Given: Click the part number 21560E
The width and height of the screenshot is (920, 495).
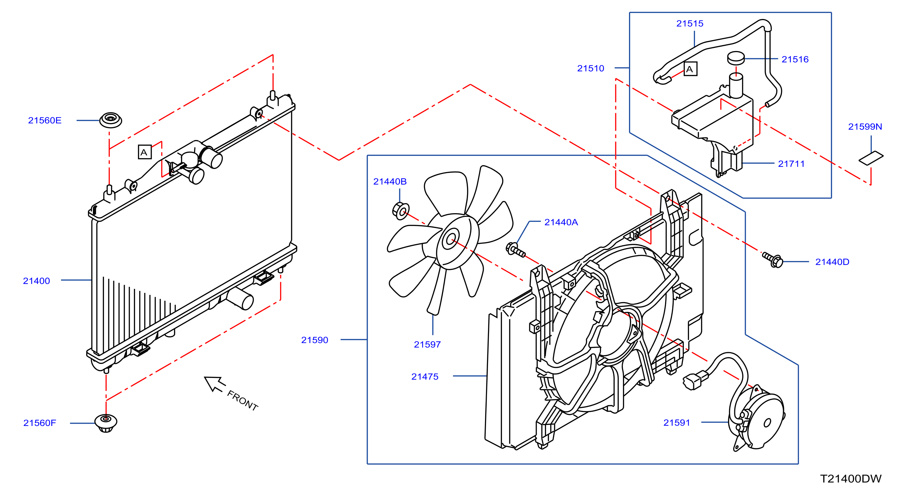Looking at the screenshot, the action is click(x=45, y=120).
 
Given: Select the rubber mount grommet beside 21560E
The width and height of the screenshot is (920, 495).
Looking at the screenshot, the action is click(x=110, y=120).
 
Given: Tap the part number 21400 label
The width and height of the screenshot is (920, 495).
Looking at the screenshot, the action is click(x=36, y=281).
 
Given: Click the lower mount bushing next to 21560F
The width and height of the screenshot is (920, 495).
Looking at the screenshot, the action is click(x=106, y=423).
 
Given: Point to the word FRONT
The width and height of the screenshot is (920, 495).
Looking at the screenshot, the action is click(x=243, y=401).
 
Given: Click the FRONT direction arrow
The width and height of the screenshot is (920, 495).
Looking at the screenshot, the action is click(x=214, y=384).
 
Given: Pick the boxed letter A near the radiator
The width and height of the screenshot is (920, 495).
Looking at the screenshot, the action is click(x=145, y=152).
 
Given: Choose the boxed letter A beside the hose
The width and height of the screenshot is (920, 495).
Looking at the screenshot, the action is click(x=690, y=69).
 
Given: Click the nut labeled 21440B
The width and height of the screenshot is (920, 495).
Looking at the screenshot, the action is click(x=401, y=211).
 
